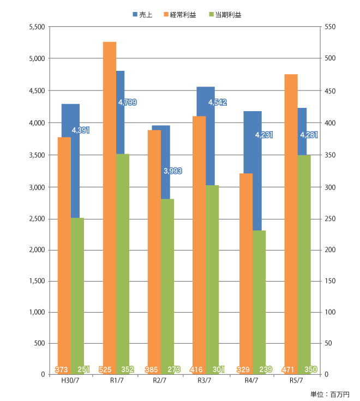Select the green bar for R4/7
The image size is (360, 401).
(x=260, y=300)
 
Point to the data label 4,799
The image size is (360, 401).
(x=127, y=102)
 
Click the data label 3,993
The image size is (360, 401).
(x=172, y=171)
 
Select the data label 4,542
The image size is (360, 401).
(x=218, y=102)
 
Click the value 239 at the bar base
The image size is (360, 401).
(x=265, y=369)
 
